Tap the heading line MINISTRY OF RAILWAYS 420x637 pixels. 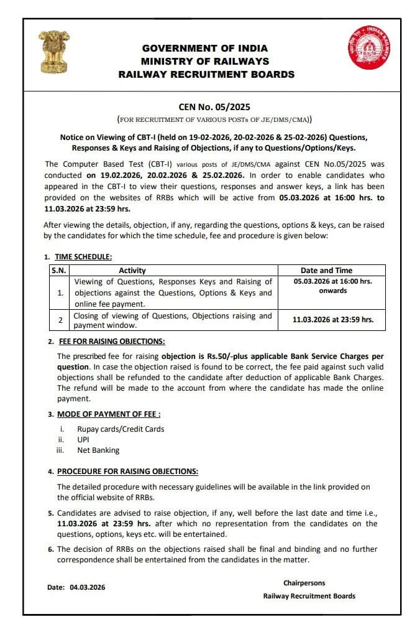205,61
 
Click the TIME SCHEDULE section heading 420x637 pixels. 83,256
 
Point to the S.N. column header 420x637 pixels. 58,271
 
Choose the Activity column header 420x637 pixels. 132,271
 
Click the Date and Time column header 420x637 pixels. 326,271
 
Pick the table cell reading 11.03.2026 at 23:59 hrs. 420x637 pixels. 332,320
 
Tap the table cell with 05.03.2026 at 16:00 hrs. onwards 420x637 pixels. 332,286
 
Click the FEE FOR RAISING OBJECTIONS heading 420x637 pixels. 111,342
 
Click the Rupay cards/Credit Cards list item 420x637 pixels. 121,429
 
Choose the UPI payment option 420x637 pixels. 84,439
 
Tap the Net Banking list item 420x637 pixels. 98,450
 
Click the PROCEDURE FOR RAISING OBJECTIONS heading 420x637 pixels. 127,472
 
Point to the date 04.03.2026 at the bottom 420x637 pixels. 88,587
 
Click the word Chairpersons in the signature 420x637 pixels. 304,583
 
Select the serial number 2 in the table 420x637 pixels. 60,320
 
